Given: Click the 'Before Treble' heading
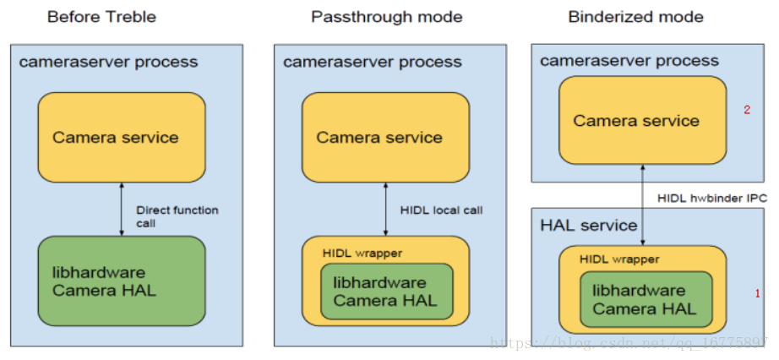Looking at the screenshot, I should [x=101, y=17].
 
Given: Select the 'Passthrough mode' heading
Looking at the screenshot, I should [x=387, y=17].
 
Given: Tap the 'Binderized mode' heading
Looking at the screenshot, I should [x=635, y=17].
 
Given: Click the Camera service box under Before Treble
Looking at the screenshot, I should [x=121, y=137].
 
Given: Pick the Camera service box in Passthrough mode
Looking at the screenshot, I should [x=385, y=137].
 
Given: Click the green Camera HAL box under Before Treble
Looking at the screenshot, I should [x=121, y=281].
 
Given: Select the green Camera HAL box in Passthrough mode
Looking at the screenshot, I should [x=385, y=291].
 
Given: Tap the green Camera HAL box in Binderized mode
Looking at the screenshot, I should [x=644, y=300].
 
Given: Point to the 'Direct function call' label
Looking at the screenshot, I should [x=177, y=216].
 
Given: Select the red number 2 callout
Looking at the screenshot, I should [x=746, y=110].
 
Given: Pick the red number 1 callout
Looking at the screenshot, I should [x=757, y=293].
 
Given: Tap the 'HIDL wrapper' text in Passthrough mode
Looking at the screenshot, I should [x=362, y=253].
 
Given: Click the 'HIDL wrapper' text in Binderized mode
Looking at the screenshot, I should [x=619, y=259].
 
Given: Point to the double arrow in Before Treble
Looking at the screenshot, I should [x=121, y=209].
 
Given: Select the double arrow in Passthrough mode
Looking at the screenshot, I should [x=385, y=209].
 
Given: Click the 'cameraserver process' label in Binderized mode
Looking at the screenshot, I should [x=629, y=60].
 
